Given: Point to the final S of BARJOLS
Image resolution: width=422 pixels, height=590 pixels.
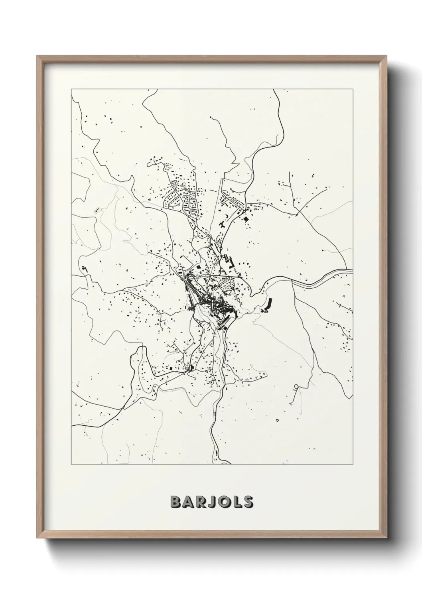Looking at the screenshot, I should (247, 502).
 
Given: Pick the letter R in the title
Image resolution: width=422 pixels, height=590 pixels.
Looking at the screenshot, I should (199, 502).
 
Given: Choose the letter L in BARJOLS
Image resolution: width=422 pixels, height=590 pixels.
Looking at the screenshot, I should (236, 502).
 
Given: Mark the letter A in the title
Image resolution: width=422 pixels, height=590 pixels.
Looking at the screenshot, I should (187, 502).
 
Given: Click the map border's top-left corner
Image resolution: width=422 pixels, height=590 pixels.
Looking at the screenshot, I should (71, 90).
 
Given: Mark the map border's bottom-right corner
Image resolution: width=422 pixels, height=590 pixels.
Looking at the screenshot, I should (353, 464).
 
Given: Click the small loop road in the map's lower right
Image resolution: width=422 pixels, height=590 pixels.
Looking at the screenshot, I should (296, 387).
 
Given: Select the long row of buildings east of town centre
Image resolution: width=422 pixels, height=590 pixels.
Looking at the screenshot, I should (268, 305).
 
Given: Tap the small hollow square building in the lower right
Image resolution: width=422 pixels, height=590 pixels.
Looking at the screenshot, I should (276, 419).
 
